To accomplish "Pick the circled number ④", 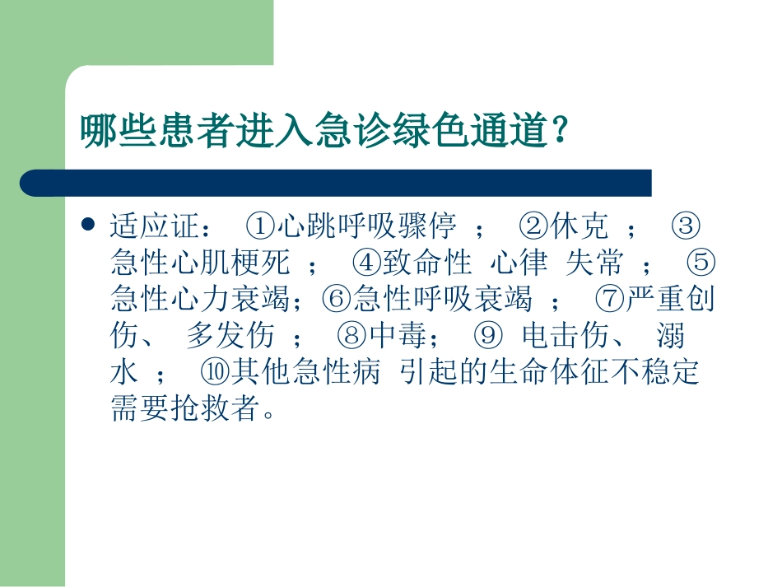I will pyautogui.click(x=365, y=263).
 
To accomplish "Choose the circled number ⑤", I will pyautogui.click(x=701, y=263).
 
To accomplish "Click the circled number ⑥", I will pyautogui.click(x=337, y=300).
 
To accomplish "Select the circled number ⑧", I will pyautogui.click(x=351, y=337).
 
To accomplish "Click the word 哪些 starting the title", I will pyautogui.click(x=110, y=131).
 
